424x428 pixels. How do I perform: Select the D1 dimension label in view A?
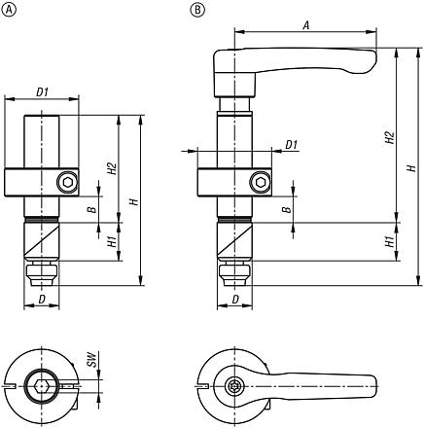pos(43,91)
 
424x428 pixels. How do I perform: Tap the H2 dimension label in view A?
pos(113,168)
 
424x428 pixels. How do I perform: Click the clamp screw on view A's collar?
pos(65,181)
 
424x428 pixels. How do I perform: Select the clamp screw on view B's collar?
pos(260,181)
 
